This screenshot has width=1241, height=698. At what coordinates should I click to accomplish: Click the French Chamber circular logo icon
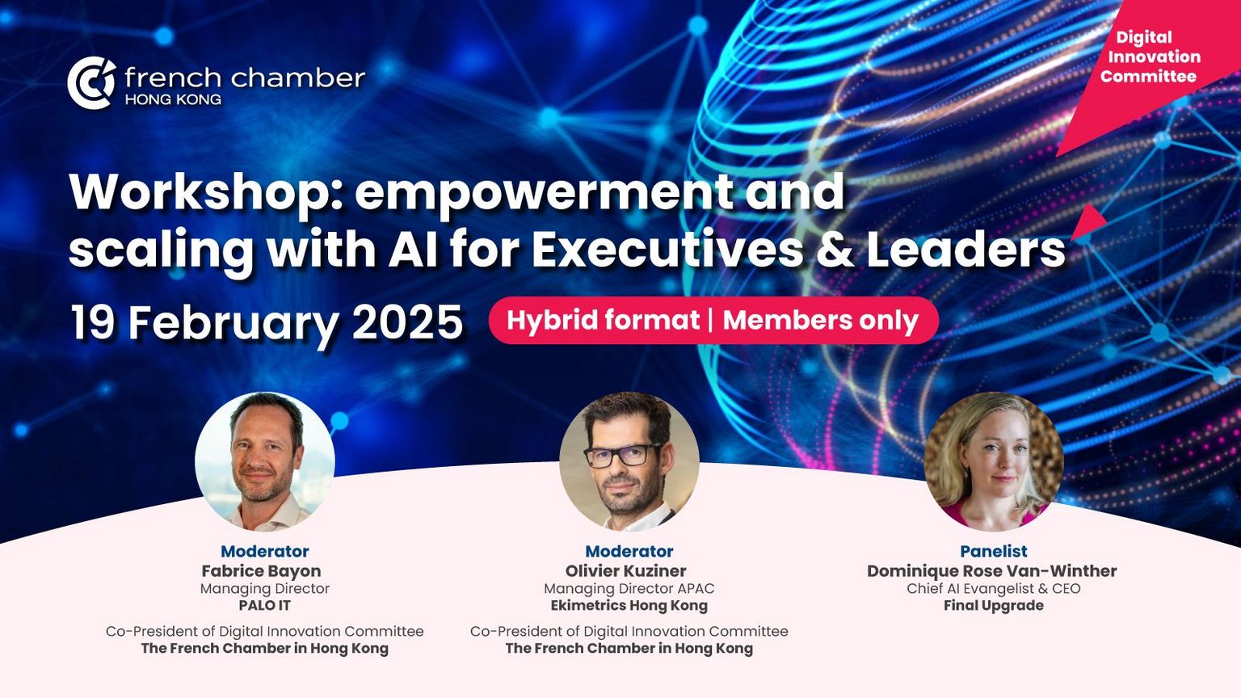[x=91, y=82]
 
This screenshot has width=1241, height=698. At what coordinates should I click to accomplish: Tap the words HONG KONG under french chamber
[x=173, y=99]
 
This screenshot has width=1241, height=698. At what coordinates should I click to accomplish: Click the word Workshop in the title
[x=204, y=191]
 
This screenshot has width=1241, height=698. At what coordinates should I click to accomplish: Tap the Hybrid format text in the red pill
[x=603, y=321]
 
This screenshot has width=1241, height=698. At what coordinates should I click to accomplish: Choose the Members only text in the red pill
[x=821, y=321]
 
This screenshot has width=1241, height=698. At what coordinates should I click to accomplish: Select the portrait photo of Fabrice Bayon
[x=265, y=461]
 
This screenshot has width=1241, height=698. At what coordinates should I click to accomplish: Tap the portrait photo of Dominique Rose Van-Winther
[x=993, y=461]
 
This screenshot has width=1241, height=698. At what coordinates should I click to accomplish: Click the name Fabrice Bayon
[x=261, y=570]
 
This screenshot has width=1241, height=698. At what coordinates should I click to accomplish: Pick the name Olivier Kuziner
[x=625, y=570]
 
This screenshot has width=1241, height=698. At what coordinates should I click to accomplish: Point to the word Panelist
[x=993, y=551]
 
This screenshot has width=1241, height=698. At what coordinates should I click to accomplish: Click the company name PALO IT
[x=264, y=605]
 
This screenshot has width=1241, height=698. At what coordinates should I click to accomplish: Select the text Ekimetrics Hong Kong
[x=629, y=605]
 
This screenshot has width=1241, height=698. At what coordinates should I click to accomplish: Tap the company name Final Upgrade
[x=993, y=605]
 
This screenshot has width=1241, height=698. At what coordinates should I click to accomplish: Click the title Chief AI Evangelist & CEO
[x=993, y=588]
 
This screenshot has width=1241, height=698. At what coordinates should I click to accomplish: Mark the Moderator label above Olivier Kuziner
[x=629, y=551]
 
